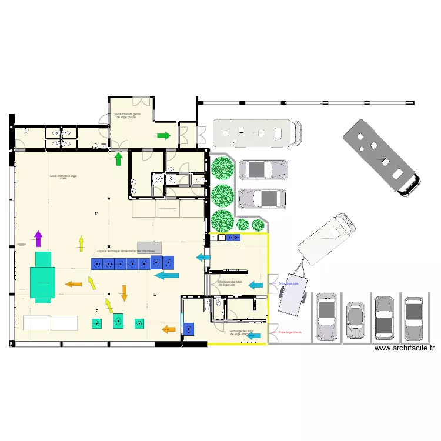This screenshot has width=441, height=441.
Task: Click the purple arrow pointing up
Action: pyautogui.click(x=38, y=238)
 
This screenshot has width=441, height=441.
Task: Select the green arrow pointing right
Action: pyautogui.click(x=163, y=136)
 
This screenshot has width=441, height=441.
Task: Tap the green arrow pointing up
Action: pyautogui.click(x=118, y=158)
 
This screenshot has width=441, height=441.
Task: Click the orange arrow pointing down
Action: pyautogui.click(x=124, y=292)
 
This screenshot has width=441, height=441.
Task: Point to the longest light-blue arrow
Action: pyautogui.click(x=166, y=275)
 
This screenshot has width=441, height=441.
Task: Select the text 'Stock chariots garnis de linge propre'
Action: pyautogui.click(x=128, y=116)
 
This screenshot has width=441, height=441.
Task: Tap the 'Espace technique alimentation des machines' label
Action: pyautogui.click(x=126, y=251)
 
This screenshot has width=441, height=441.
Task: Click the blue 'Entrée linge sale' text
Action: pyautogui.click(x=289, y=283)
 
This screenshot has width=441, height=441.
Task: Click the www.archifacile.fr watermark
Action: pyautogui.click(x=405, y=348)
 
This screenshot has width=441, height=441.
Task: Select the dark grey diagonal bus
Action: pyautogui.click(x=382, y=157)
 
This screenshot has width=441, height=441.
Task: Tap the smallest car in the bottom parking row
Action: pyautogui.click(x=355, y=320)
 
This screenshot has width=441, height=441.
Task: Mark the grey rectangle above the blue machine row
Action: pyautogui.click(x=149, y=247)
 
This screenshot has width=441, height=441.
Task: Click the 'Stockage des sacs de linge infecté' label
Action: pyautogui.click(x=242, y=332)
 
